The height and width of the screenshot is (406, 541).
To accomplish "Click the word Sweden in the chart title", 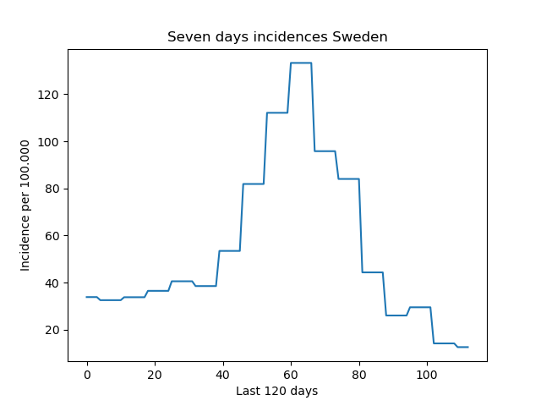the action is (360, 36).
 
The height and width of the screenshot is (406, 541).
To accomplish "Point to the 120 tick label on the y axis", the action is (48, 95).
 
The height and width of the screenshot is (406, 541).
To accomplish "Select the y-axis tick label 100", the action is (48, 142).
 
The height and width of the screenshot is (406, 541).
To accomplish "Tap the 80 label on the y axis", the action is (52, 189).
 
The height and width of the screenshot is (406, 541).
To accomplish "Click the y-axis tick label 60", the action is (52, 236).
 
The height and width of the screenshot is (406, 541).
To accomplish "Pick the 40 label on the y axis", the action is (52, 283).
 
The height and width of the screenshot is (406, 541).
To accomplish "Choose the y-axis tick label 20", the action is (52, 330).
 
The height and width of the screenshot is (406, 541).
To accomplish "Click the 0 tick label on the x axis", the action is (87, 375).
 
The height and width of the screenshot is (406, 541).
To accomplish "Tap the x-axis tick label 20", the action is (155, 375).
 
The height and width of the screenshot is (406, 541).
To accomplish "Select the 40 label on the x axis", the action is (223, 375).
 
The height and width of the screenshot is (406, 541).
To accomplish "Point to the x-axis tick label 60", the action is (291, 375).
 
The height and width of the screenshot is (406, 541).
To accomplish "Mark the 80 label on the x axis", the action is (359, 375).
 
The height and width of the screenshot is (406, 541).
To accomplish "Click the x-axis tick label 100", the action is (427, 375).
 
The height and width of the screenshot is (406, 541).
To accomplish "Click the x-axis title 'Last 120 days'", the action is (277, 391).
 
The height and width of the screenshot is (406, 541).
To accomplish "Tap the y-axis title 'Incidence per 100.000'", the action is (25, 206).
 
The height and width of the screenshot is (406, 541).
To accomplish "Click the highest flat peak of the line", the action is (301, 63).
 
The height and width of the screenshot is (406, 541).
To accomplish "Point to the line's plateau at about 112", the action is (277, 112).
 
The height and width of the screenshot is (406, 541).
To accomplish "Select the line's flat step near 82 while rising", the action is (254, 184).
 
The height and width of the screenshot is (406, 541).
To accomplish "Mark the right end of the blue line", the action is (467, 347).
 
